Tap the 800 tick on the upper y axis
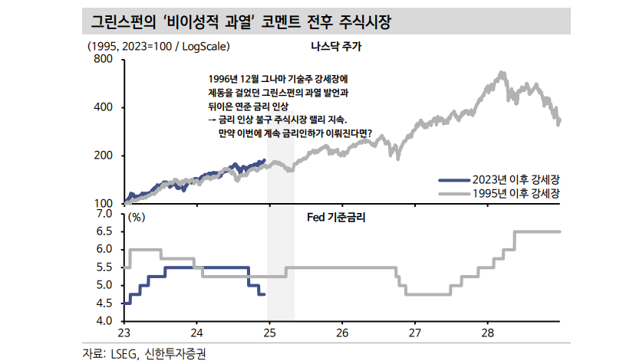(104, 59)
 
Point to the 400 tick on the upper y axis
(104, 107)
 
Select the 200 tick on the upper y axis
(104, 156)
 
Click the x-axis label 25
(269, 333)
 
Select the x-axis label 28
(489, 333)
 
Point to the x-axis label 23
(124, 333)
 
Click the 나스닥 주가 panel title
(335, 46)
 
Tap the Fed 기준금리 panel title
(336, 218)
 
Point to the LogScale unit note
(160, 46)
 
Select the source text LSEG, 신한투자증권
(145, 353)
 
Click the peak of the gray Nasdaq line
(502, 73)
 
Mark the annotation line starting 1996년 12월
(278, 78)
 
